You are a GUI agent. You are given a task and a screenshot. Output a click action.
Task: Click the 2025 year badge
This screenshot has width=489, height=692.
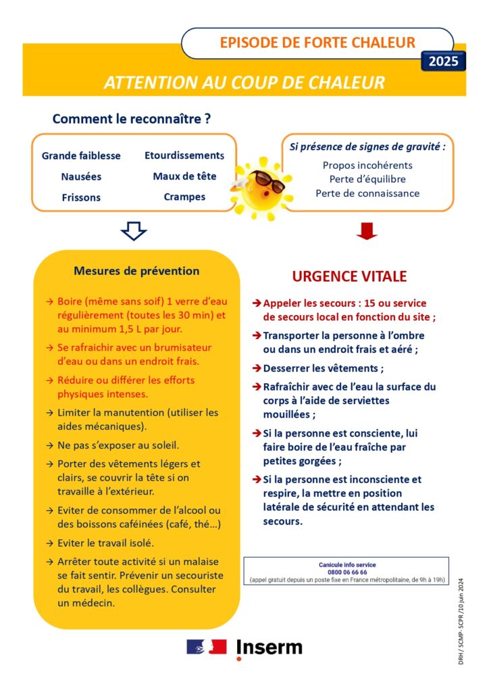point(443,61)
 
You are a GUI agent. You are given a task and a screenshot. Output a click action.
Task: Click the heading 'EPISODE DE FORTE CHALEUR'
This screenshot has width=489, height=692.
point(317,43)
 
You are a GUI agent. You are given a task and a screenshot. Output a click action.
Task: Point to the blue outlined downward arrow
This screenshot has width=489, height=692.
point(134,231)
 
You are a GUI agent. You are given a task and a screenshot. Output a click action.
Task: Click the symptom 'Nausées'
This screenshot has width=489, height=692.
point(81,176)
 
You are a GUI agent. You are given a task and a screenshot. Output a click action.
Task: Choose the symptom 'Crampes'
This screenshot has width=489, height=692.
point(184,197)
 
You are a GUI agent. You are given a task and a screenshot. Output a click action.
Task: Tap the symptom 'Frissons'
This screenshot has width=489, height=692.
point(81,197)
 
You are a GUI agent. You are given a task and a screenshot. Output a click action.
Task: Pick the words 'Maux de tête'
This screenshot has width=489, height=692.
point(184,176)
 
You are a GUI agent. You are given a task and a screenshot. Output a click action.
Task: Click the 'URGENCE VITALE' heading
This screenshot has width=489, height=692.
point(349,276)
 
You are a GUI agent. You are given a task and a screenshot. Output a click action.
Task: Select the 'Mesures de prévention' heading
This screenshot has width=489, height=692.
point(136,271)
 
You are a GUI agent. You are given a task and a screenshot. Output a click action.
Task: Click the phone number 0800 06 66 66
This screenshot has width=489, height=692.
point(347,572)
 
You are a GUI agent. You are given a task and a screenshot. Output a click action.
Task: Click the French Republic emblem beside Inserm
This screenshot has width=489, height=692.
point(206,647)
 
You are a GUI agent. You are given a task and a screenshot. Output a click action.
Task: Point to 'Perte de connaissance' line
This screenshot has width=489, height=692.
point(367,193)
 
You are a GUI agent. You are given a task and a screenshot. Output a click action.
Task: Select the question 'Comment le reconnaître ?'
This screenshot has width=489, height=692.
point(132,120)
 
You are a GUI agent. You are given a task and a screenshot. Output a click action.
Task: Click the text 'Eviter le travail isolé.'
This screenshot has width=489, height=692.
point(105,543)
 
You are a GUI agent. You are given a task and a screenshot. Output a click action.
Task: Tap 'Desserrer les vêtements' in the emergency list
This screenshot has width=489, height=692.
point(323,368)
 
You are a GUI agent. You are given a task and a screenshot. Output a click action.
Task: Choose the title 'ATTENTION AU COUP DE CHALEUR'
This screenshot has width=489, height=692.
point(244,82)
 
